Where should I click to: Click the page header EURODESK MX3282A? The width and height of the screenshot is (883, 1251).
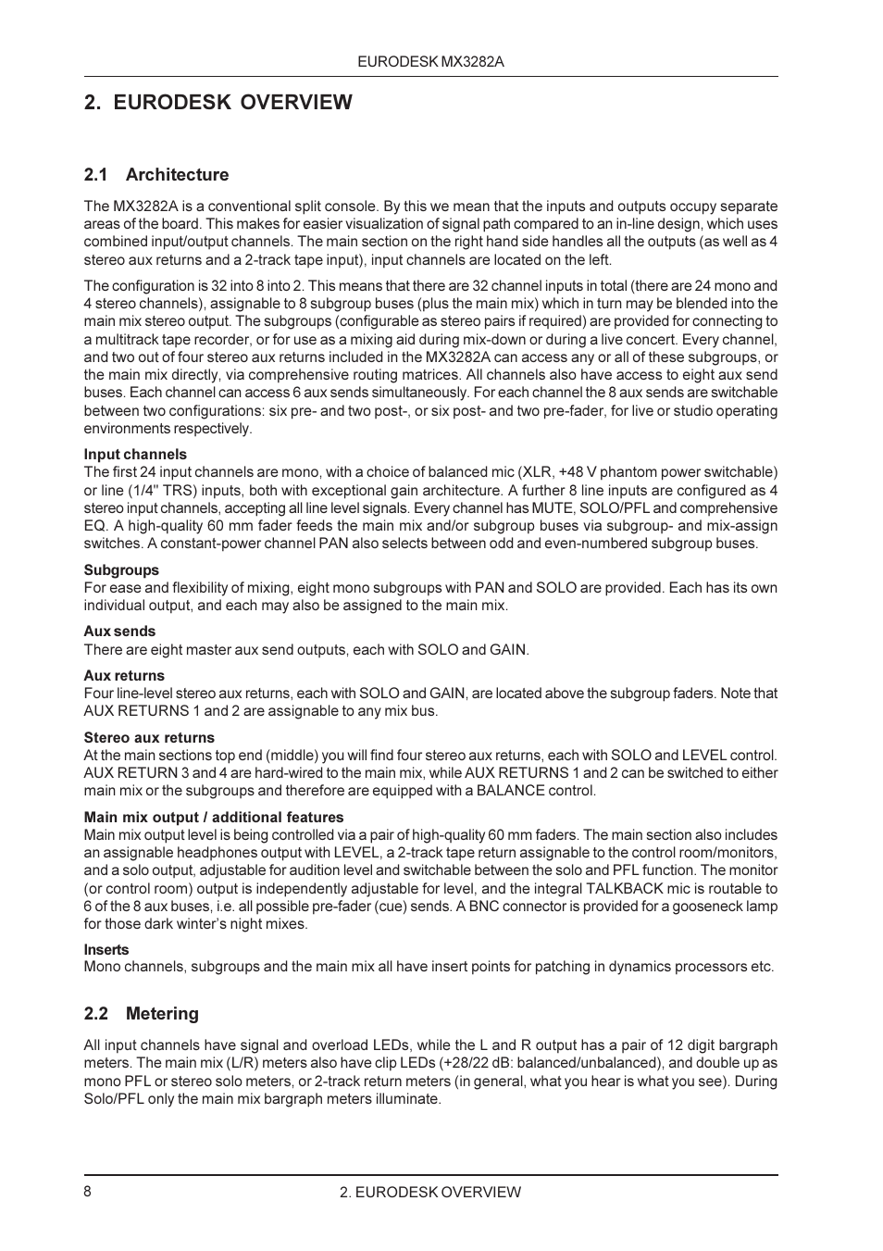tap(430, 61)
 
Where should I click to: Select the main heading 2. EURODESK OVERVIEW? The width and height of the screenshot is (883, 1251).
tap(218, 102)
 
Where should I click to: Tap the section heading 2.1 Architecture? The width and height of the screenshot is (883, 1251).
tap(155, 175)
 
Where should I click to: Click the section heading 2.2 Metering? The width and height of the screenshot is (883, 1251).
tap(141, 1014)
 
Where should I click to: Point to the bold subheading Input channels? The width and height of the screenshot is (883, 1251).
tap(135, 455)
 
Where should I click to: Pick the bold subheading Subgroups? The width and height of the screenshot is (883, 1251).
tap(121, 570)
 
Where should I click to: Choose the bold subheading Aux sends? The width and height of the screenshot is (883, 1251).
tap(119, 632)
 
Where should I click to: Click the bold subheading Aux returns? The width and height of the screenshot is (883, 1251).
tap(124, 676)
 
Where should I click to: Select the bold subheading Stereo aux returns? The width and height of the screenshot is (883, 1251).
tap(149, 738)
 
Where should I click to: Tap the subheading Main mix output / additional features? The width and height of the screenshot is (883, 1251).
tap(214, 818)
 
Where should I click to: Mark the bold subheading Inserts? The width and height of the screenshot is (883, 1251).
tap(106, 950)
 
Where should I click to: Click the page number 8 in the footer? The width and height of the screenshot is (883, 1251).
tap(88, 1192)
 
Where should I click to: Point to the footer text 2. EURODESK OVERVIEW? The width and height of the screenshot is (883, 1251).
tap(430, 1193)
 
